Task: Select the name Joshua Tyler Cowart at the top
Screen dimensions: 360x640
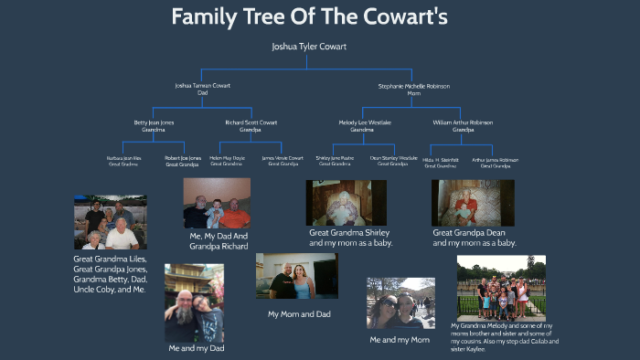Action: [x=309, y=46]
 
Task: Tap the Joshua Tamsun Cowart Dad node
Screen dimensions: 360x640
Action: [x=203, y=89]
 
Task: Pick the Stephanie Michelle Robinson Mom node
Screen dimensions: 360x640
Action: [x=413, y=89]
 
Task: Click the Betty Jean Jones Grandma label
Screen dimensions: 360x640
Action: [x=154, y=126]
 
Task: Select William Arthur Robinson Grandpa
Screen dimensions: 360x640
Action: [x=463, y=126]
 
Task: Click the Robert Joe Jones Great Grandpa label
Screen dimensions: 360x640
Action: [x=183, y=161]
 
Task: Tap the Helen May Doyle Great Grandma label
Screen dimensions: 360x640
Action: [x=226, y=161]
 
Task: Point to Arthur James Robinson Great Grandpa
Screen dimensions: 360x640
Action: [x=496, y=161]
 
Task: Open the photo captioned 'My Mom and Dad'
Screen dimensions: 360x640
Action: [x=297, y=277]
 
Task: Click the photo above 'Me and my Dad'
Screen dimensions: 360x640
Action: [x=194, y=302]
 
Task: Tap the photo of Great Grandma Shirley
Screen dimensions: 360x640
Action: [x=346, y=203]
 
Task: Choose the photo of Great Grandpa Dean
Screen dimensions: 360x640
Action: [x=472, y=202]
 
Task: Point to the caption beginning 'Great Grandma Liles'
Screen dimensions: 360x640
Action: [x=110, y=273]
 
